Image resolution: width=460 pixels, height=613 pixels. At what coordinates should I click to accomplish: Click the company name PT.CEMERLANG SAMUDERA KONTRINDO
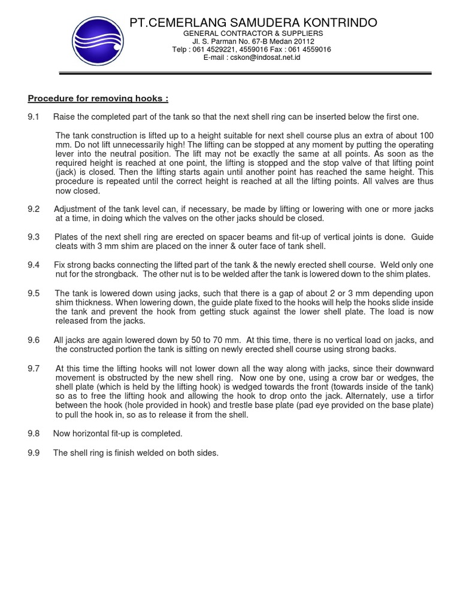253,23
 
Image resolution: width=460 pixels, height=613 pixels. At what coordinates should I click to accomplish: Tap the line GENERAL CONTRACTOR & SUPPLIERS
253,34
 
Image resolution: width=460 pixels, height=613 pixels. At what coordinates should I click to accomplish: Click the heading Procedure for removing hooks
98,98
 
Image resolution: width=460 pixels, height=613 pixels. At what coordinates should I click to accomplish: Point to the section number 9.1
33,116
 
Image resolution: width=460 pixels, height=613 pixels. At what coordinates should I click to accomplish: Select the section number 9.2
33,210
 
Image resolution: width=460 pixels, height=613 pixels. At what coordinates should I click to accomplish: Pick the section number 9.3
33,237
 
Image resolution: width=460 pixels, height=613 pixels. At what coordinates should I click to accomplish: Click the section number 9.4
33,265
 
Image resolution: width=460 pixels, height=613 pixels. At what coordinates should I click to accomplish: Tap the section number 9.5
33,293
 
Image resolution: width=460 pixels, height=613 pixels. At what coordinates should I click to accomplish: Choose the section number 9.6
33,340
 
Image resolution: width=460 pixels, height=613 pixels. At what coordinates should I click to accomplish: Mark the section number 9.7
33,368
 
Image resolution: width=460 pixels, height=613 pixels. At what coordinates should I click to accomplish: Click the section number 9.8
33,433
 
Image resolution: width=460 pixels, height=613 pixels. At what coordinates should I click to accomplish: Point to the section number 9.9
33,453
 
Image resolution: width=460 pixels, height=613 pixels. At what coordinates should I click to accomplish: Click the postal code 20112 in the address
303,42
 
